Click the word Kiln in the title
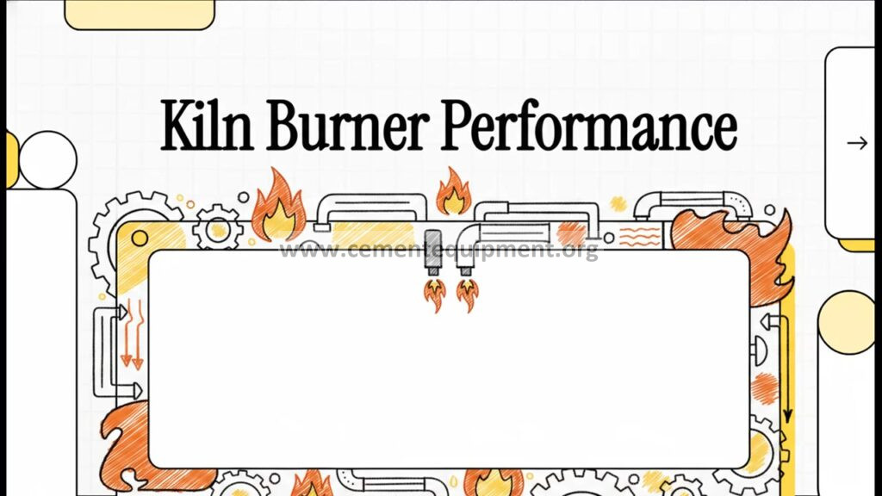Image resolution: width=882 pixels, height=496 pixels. pos(207,125)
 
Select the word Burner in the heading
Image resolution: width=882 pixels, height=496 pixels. pos(347,125)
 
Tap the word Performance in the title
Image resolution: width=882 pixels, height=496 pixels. pos(589,125)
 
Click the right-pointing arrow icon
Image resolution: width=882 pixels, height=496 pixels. pos(857,144)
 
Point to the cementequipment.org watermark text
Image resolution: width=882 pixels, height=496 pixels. pos(438,249)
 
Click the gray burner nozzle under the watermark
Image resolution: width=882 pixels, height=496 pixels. pos(433,252)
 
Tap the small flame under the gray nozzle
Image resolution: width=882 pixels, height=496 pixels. pos(435,295)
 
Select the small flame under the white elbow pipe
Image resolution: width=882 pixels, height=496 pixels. pos(468,294)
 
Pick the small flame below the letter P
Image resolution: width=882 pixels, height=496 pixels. pos(453,192)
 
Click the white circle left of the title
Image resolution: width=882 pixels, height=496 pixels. pos(48,159)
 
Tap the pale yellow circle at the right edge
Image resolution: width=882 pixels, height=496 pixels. pos(848,322)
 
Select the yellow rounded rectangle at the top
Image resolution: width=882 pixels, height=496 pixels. pos(140,14)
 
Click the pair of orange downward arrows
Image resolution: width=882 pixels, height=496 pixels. pos(133,334)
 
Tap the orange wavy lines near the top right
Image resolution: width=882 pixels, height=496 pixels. pos(640,237)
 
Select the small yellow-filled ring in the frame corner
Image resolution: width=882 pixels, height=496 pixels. pos(140,239)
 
